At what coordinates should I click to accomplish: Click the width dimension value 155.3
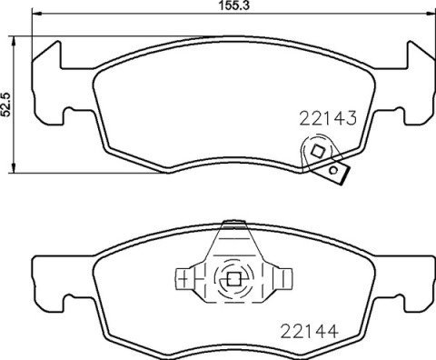[217, 7]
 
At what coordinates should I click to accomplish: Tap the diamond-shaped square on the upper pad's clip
[317, 151]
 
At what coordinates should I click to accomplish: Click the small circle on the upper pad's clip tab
[335, 169]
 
